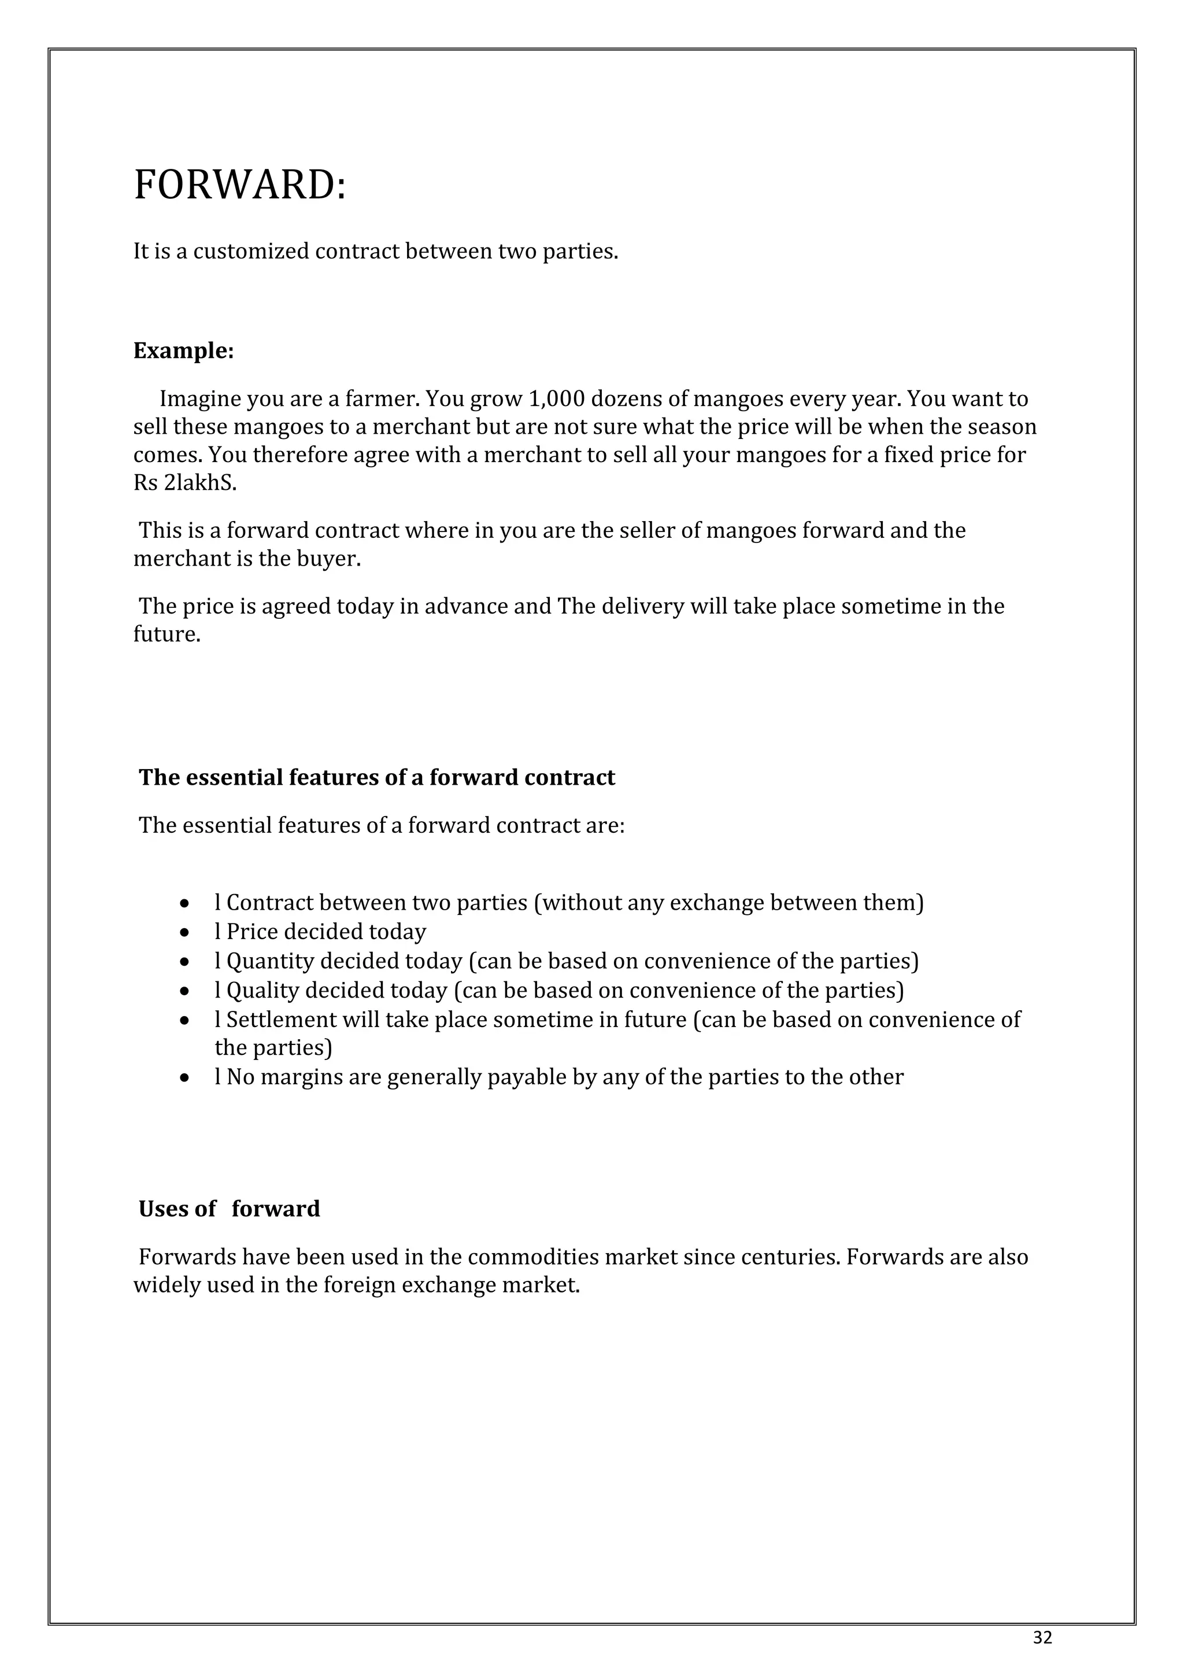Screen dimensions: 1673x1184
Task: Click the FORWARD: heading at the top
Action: pos(240,185)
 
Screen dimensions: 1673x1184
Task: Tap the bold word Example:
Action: pos(184,351)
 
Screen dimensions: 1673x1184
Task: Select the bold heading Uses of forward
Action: pos(229,1209)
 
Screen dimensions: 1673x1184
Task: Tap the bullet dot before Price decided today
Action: pos(186,933)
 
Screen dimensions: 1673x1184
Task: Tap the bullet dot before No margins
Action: pos(186,1078)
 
